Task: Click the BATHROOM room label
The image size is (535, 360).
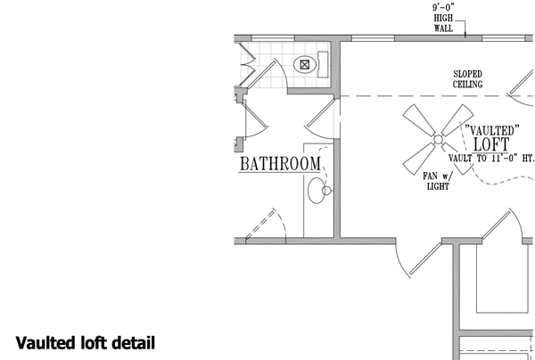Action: (279, 164)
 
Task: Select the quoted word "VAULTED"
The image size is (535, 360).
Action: (492, 128)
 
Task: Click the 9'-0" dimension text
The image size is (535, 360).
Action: (444, 7)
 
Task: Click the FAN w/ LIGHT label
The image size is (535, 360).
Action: (439, 181)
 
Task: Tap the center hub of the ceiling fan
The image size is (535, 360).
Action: (438, 139)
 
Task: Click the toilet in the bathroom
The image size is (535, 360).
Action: (308, 64)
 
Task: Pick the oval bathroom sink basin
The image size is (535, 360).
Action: (316, 191)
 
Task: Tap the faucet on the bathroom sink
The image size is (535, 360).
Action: (327, 191)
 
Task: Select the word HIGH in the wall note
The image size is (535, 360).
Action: (444, 18)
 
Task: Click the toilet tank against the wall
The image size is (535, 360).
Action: (323, 63)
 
